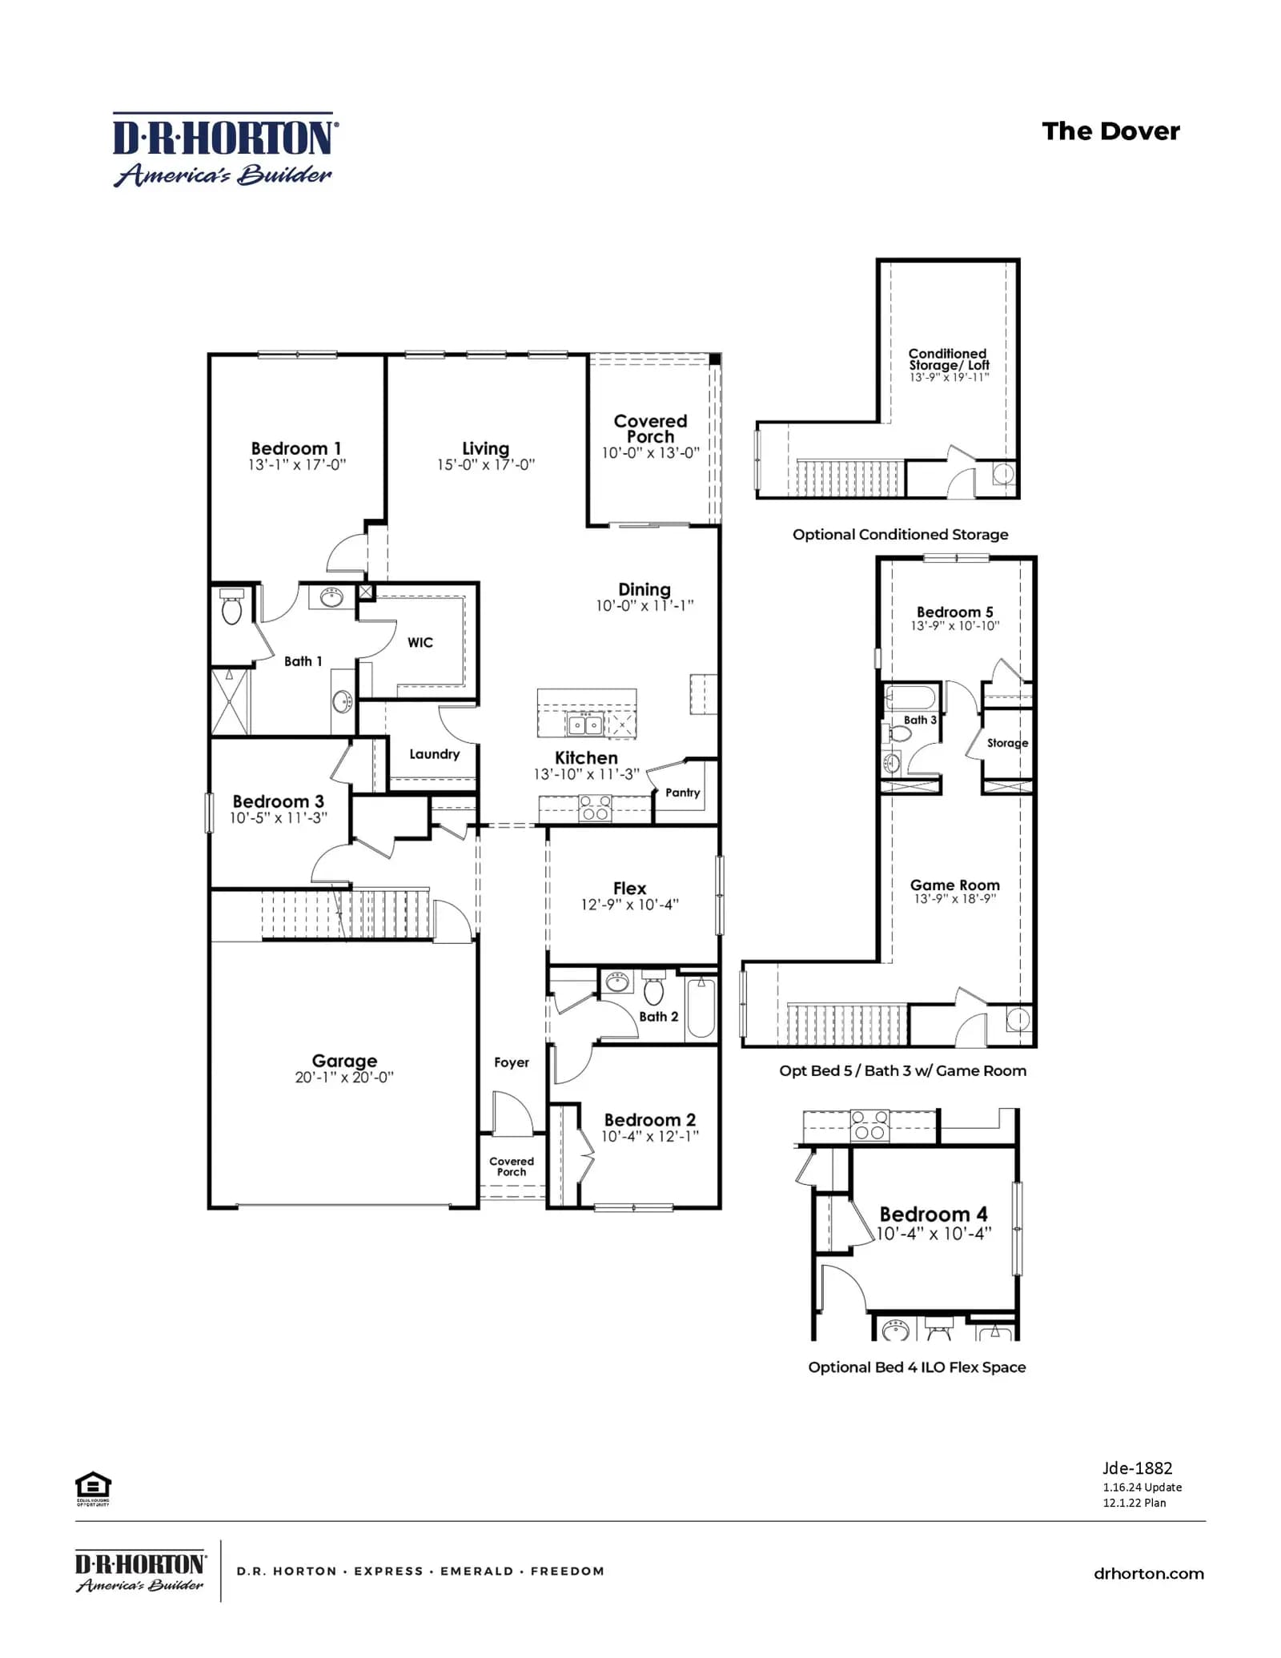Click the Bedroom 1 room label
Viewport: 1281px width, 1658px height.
(296, 448)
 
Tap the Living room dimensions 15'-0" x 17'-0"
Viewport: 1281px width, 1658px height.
(486, 465)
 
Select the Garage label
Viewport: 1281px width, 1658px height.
(344, 1061)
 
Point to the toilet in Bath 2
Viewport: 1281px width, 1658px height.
(654, 988)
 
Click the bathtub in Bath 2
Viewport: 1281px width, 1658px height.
(701, 1007)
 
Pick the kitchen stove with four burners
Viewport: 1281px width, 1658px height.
(595, 809)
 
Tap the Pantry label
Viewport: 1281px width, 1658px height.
(683, 793)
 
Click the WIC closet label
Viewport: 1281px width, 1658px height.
(420, 642)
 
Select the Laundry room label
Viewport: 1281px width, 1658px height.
(435, 754)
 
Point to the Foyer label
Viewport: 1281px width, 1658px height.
(512, 1062)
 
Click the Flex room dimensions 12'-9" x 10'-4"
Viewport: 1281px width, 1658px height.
(630, 905)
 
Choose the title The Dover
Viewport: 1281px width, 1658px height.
(1111, 131)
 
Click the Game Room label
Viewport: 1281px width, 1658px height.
(955, 885)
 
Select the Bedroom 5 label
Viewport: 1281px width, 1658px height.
(955, 612)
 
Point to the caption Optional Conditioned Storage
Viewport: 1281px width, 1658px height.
(901, 534)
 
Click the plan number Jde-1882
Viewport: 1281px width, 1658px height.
(1137, 1468)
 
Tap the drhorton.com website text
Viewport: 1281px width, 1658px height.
(1149, 1573)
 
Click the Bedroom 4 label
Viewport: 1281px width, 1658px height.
(934, 1214)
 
